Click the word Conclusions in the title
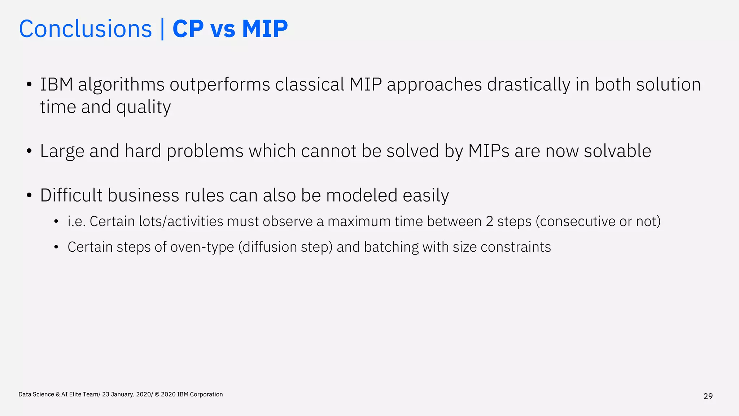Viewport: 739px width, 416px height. [86, 29]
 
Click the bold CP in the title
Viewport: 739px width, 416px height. [188, 29]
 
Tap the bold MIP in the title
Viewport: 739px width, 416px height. [265, 29]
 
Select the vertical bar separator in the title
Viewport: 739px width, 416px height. [162, 29]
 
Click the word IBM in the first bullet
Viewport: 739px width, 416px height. [57, 84]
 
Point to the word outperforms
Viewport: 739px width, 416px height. [220, 84]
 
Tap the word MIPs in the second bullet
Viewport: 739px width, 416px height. [489, 151]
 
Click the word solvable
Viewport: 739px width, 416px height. [617, 151]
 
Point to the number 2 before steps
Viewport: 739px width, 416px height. [489, 221]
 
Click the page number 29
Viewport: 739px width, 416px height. [708, 396]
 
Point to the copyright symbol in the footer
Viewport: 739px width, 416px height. [157, 394]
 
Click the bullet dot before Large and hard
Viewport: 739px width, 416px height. [29, 151]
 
